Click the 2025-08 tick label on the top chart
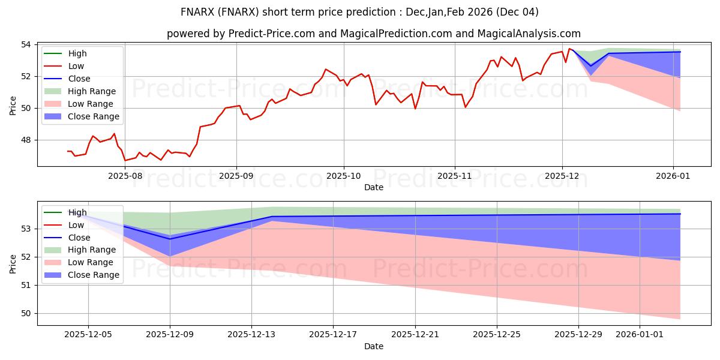[x=125, y=176]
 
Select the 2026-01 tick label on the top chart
[x=673, y=176]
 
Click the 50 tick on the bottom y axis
[x=29, y=313]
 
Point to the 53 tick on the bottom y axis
[x=29, y=229]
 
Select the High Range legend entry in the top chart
[x=92, y=91]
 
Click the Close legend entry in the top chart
[x=79, y=79]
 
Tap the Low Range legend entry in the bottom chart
[x=91, y=262]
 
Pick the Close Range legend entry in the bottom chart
[x=94, y=275]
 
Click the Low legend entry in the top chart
[x=76, y=66]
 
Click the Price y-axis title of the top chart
[x=13, y=106]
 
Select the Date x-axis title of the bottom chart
[x=373, y=346]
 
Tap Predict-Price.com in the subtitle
[x=272, y=34]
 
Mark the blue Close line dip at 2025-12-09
[x=170, y=239]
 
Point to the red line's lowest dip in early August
[x=125, y=161]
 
